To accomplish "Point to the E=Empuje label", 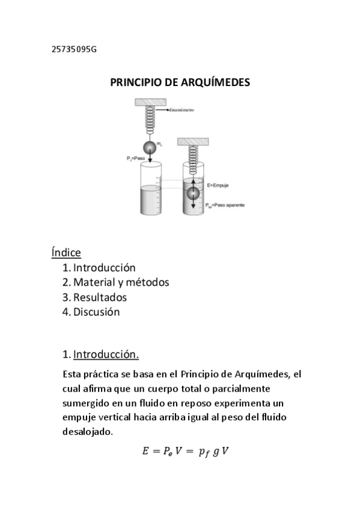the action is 218,186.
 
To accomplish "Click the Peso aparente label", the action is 227,205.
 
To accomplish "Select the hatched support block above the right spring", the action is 192,142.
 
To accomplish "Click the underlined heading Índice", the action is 66,252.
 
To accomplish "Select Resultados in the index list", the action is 100,297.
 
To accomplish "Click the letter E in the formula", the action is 145,452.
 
